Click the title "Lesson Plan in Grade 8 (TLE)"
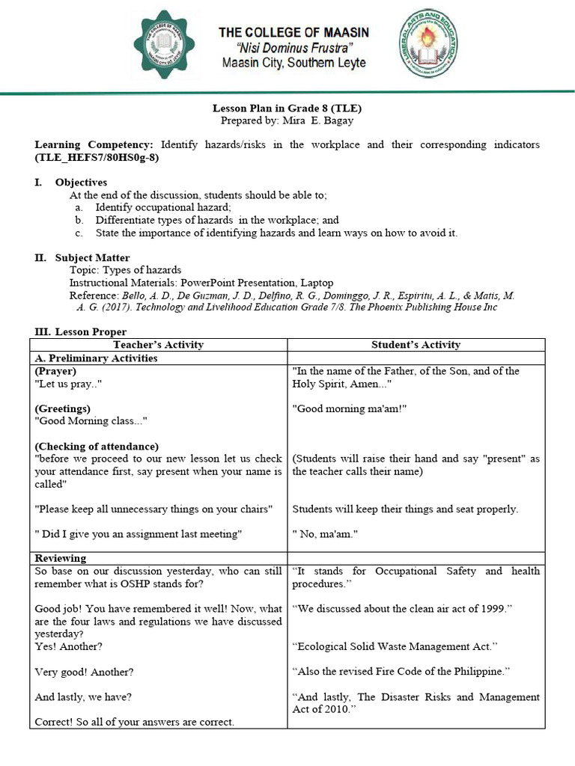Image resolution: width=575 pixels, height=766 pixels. click(287, 108)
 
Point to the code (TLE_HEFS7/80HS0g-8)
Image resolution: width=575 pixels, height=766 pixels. click(97, 158)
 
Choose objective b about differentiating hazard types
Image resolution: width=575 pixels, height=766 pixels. click(216, 220)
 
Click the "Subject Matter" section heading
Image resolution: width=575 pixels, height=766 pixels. click(91, 258)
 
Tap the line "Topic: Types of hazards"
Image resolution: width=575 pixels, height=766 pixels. click(125, 270)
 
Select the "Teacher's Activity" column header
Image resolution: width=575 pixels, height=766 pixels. click(158, 345)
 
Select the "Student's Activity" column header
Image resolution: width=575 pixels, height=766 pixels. click(416, 345)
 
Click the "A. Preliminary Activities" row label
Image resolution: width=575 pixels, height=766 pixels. click(96, 358)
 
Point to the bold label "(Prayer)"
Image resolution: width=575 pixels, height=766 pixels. click(55, 371)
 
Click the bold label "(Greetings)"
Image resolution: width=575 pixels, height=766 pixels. click(63, 409)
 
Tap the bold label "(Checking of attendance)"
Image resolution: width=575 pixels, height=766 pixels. click(97, 447)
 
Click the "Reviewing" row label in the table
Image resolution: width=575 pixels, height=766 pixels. click(61, 559)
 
